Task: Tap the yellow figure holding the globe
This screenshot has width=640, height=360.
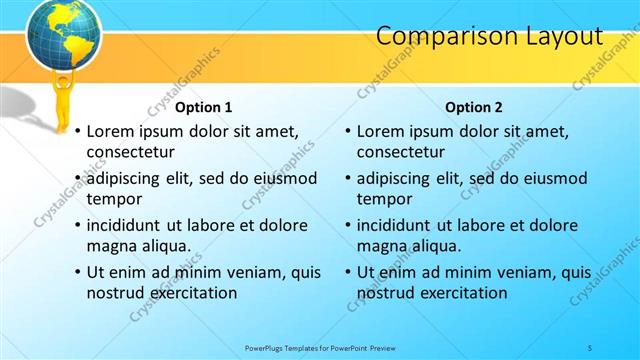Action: (x=62, y=95)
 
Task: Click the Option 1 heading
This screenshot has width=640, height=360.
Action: (x=203, y=107)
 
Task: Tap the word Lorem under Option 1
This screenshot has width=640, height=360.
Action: (x=110, y=131)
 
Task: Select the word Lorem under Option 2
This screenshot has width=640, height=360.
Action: (x=380, y=131)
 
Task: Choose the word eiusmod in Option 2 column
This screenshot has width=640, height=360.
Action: (x=551, y=179)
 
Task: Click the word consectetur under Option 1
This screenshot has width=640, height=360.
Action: (x=131, y=152)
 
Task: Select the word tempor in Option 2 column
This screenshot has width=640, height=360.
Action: (x=384, y=199)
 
